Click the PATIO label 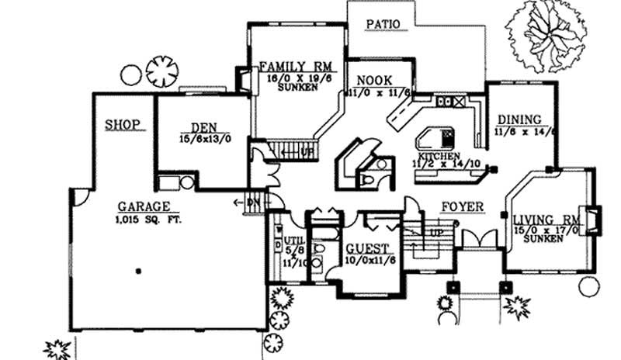click(383, 24)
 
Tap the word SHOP click(123, 123)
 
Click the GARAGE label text click(144, 206)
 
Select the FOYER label click(463, 207)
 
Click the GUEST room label click(367, 248)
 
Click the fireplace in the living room click(593, 220)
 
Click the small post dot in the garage click(138, 271)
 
